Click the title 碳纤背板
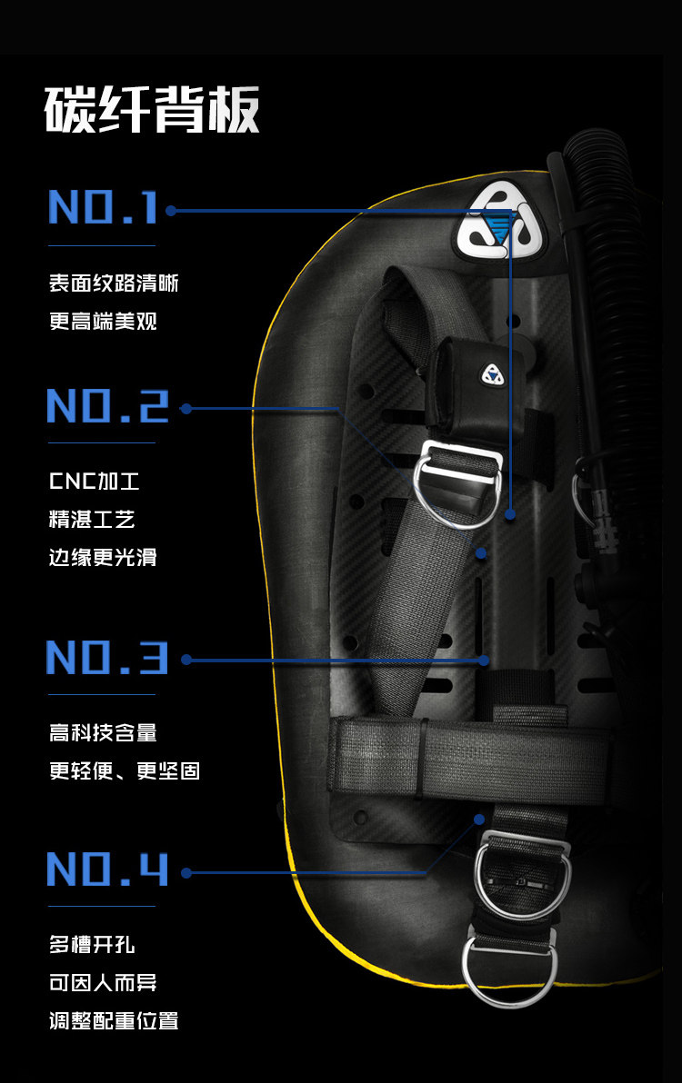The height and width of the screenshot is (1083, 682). [x=153, y=110]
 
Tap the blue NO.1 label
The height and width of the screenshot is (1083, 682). [x=104, y=208]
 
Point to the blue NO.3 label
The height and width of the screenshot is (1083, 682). [x=107, y=657]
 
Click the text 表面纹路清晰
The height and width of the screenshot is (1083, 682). [x=114, y=283]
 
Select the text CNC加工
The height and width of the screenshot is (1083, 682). [x=94, y=481]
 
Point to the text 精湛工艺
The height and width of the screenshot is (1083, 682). [x=92, y=519]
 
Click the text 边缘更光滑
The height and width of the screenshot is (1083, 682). [x=103, y=557]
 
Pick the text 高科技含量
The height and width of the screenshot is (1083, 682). [x=103, y=732]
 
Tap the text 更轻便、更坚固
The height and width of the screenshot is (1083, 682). [x=125, y=770]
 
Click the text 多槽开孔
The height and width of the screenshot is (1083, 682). [x=92, y=945]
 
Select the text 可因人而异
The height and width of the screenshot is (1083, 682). [x=103, y=982]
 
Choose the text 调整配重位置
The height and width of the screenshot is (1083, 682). [x=114, y=1020]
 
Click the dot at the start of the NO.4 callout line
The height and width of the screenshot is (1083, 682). [x=186, y=872]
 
